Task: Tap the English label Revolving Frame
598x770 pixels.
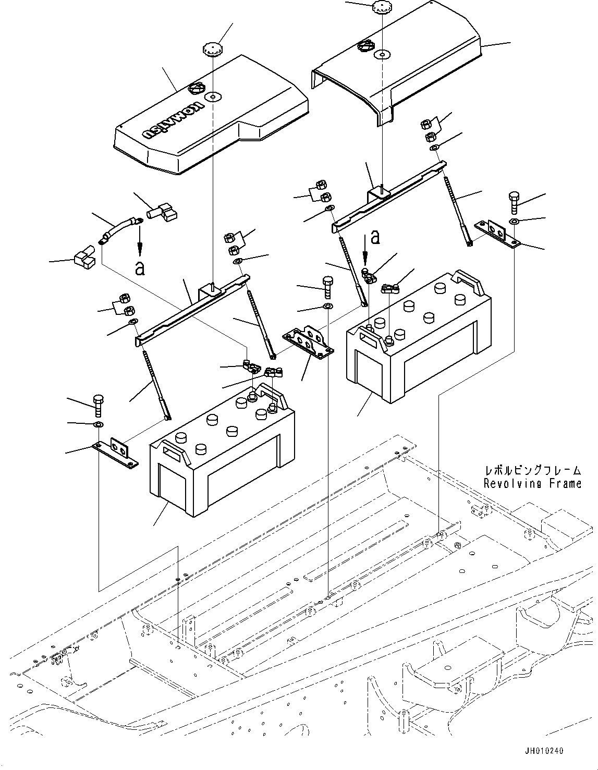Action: [532, 484]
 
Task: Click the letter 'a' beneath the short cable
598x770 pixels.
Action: [139, 268]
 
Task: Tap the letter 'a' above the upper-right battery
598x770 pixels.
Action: [374, 238]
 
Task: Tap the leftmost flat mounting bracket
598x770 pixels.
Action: [116, 454]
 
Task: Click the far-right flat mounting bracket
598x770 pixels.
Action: [497, 233]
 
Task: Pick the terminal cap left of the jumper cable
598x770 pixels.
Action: [84, 259]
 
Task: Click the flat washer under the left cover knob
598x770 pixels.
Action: [213, 97]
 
